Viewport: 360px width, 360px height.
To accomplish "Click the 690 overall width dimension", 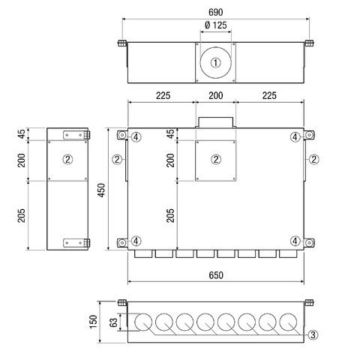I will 216,13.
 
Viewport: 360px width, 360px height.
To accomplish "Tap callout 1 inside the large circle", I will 216,63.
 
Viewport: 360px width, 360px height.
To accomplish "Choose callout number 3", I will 313,334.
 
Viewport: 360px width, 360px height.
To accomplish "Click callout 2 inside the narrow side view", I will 67,159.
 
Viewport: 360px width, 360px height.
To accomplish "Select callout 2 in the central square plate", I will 216,159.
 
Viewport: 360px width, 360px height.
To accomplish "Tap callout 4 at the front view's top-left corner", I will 136,136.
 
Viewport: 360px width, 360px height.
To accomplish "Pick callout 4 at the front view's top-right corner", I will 296,136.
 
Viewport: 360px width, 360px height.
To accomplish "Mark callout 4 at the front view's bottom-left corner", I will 136,241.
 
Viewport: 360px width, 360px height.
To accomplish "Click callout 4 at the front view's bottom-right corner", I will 296,241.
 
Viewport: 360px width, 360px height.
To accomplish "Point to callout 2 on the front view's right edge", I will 313,159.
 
